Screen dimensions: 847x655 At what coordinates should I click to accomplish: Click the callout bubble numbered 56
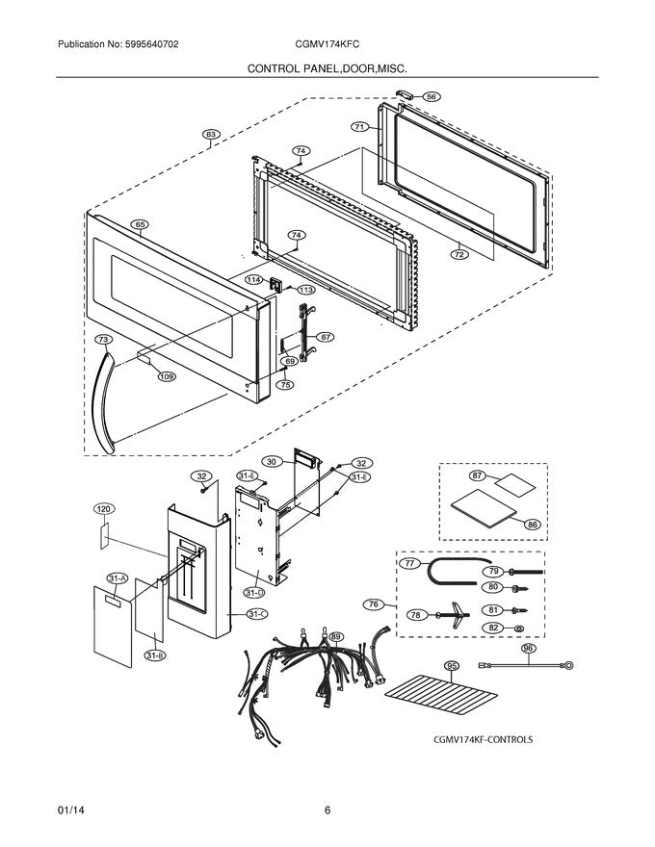tap(432, 96)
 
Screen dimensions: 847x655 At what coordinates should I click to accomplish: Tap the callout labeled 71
tap(358, 126)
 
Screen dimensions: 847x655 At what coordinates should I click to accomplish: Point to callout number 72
tap(459, 255)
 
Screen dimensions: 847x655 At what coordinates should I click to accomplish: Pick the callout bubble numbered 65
tap(140, 224)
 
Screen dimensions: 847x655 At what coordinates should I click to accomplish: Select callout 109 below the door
tap(167, 376)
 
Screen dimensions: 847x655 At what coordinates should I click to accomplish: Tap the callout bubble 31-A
tap(118, 578)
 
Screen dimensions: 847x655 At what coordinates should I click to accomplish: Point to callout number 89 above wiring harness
tap(336, 636)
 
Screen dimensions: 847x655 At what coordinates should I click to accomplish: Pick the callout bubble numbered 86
tap(531, 525)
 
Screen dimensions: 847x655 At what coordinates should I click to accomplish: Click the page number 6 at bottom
tap(327, 809)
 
